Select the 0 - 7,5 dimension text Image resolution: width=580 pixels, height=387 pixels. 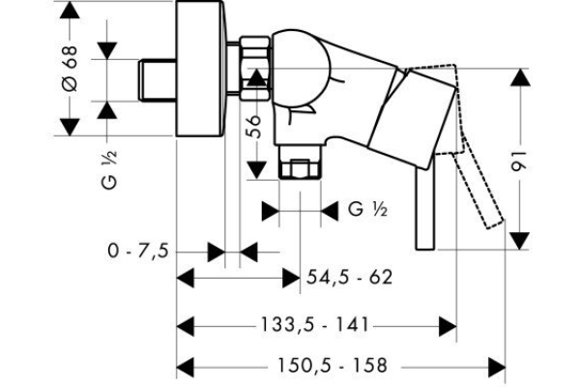(138, 252)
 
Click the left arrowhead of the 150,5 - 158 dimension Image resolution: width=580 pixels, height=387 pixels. (186, 367)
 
